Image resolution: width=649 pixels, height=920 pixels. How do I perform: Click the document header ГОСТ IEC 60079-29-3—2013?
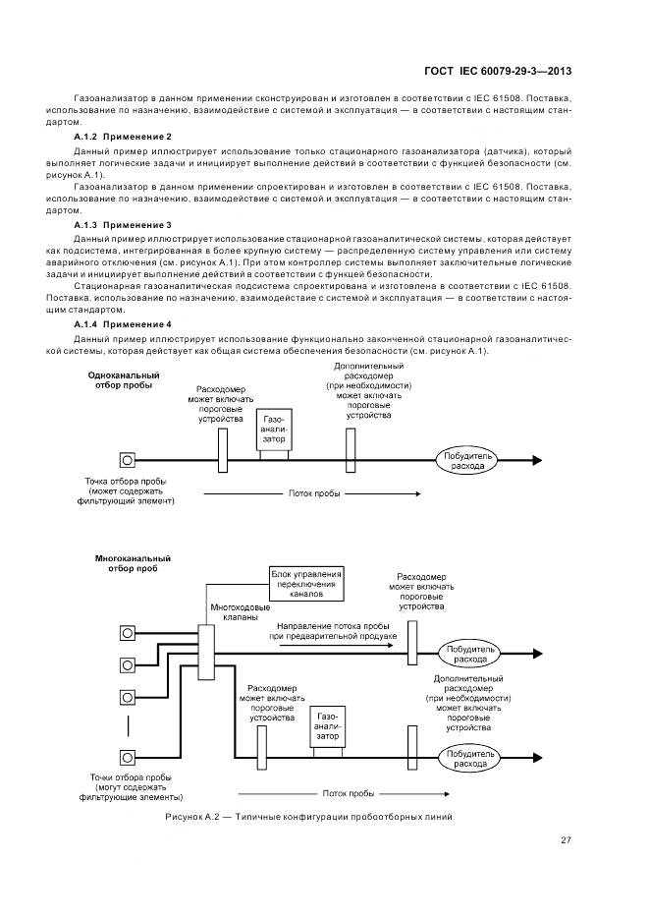(x=498, y=71)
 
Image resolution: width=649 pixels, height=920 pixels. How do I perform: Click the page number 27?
(x=566, y=840)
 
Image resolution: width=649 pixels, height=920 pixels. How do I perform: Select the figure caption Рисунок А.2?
(x=307, y=818)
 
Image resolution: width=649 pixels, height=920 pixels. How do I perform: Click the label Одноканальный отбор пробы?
(x=124, y=380)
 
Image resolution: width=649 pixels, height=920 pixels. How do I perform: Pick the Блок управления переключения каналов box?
(x=306, y=584)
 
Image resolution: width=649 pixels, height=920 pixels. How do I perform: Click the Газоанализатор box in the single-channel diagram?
(x=273, y=431)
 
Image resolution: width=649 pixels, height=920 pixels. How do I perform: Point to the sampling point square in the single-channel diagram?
(x=127, y=459)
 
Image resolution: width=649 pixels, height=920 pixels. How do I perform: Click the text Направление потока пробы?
(x=337, y=625)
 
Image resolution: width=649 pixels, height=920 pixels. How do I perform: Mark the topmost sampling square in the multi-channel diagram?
(x=127, y=632)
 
